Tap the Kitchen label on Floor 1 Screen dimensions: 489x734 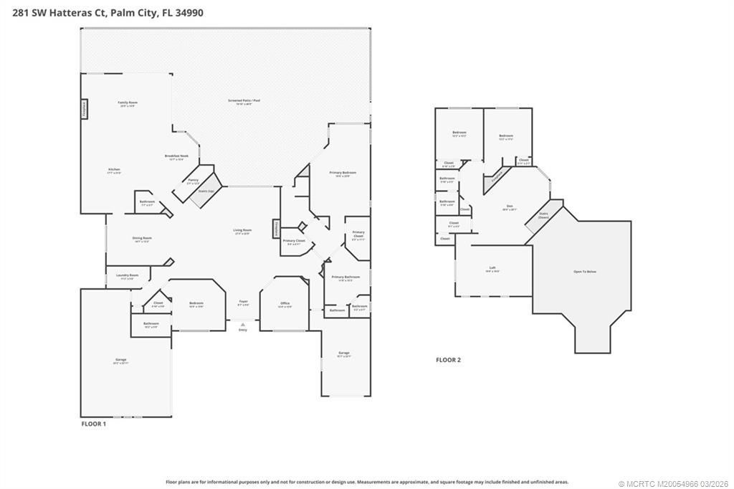(x=113, y=171)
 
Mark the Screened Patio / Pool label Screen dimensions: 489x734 (x=244, y=102)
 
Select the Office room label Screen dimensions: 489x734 (x=285, y=305)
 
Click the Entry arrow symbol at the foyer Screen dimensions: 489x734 (x=242, y=324)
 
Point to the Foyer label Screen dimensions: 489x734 (x=242, y=304)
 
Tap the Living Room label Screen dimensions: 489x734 (x=242, y=232)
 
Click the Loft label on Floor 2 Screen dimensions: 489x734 (x=492, y=269)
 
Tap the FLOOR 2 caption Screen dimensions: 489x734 (x=448, y=360)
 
